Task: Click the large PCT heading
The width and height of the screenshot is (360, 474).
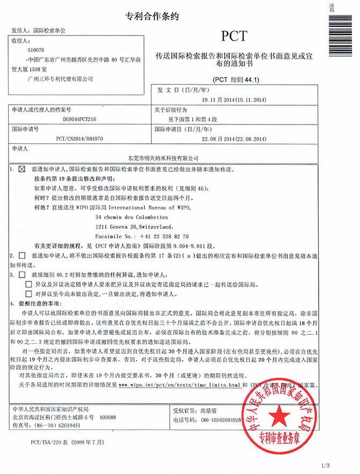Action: click(x=234, y=36)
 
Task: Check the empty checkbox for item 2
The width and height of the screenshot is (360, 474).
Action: click(x=22, y=256)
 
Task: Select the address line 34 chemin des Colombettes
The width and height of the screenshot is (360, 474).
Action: click(x=132, y=217)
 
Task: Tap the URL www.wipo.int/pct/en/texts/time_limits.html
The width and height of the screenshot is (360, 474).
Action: click(x=179, y=385)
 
